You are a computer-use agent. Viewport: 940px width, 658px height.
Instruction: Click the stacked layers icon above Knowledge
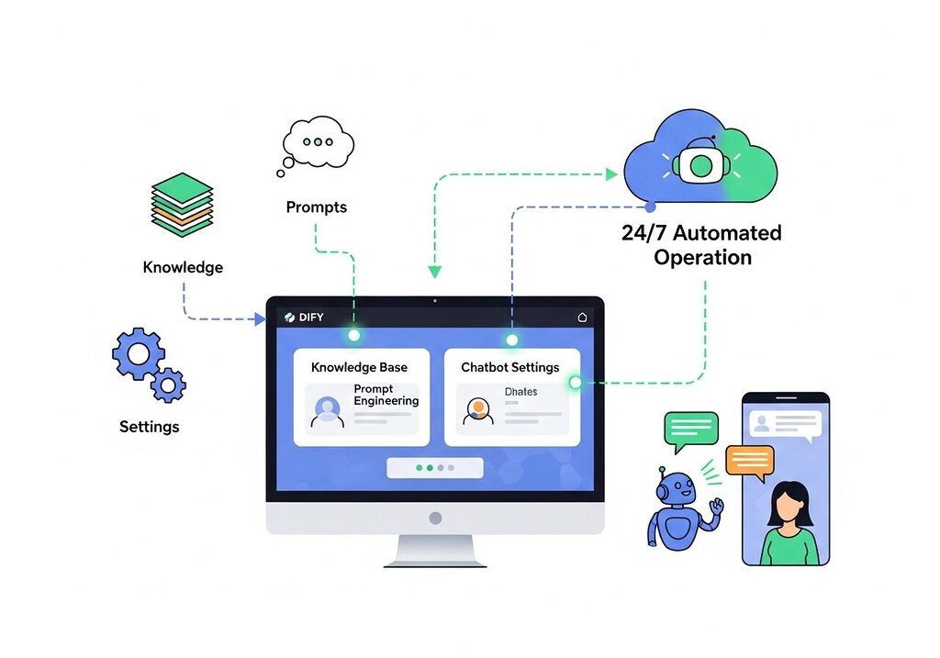click(181, 205)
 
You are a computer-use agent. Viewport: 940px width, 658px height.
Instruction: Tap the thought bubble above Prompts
click(318, 144)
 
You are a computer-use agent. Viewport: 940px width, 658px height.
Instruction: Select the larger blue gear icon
click(138, 353)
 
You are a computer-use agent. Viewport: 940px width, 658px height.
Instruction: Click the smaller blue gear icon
click(168, 385)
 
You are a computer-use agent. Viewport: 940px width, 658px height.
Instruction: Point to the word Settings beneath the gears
click(150, 427)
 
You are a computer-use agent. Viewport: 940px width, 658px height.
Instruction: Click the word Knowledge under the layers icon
click(183, 268)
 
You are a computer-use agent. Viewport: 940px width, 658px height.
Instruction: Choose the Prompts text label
click(317, 207)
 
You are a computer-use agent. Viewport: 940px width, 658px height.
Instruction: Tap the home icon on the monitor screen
click(581, 318)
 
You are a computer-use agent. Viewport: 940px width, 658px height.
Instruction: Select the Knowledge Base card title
click(359, 367)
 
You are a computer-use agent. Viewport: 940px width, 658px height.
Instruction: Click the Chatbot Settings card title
click(509, 367)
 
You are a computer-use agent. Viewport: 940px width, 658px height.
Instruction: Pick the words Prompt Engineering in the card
click(386, 396)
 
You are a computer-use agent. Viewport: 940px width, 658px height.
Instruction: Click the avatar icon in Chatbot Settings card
click(477, 409)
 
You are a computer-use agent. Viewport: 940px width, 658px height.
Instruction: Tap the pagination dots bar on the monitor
click(435, 467)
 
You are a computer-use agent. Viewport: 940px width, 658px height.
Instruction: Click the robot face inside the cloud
click(701, 165)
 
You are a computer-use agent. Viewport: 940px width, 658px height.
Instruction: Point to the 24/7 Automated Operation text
click(702, 245)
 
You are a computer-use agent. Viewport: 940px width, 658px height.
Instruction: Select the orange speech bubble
click(749, 461)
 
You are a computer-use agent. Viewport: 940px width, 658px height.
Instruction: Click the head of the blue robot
click(672, 488)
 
